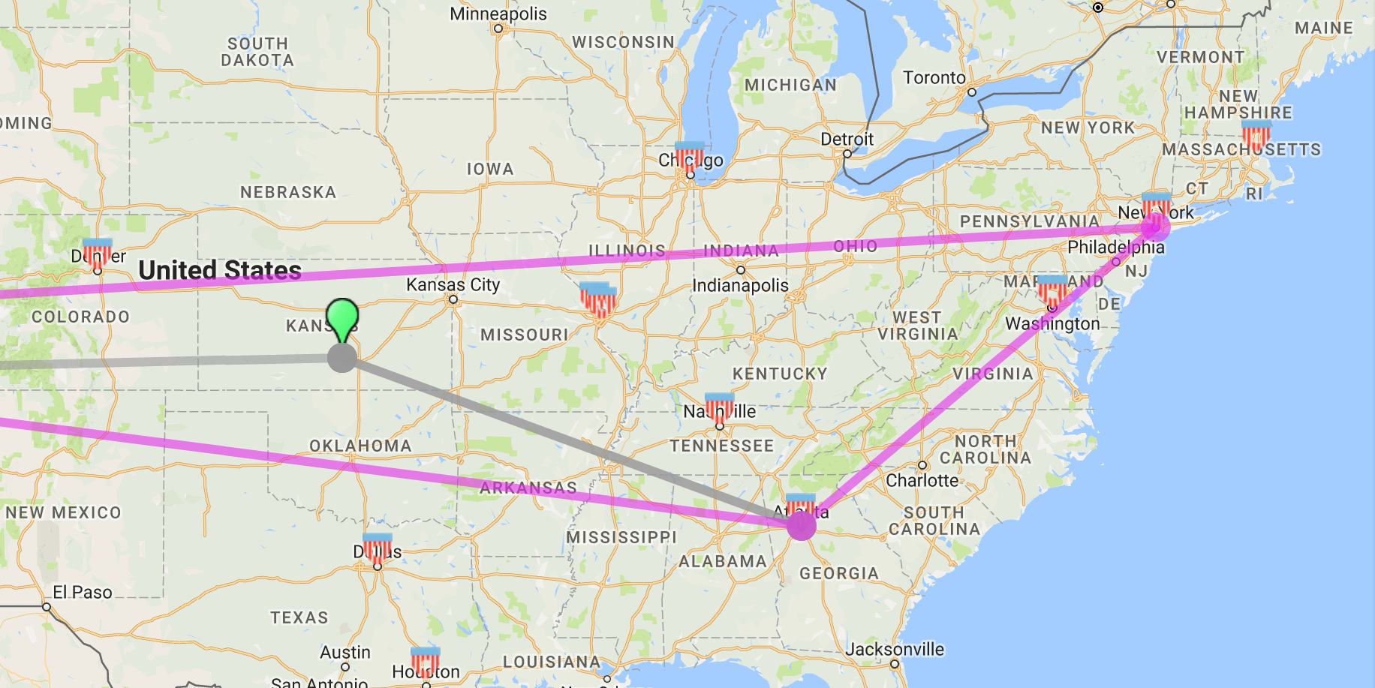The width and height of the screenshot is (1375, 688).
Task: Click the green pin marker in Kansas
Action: click(x=342, y=318)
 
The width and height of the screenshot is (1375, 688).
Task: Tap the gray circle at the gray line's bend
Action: click(x=342, y=358)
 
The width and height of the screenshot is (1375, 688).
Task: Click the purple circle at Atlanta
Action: click(x=801, y=525)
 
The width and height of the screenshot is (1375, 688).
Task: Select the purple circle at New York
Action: click(x=1155, y=226)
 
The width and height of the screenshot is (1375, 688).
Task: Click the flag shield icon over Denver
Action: click(x=97, y=253)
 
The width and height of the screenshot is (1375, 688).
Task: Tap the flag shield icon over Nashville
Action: click(x=719, y=407)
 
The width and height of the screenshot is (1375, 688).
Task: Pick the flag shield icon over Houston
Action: click(x=426, y=661)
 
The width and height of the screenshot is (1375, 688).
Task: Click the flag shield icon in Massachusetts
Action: click(x=1256, y=134)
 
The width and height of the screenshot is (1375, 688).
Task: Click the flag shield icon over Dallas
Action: click(x=377, y=548)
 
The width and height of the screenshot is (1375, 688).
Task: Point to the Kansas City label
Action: click(x=453, y=284)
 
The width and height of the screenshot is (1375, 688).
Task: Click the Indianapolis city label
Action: click(x=740, y=285)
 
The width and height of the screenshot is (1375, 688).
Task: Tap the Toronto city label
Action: click(x=934, y=77)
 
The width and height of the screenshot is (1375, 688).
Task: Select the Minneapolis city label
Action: click(x=498, y=14)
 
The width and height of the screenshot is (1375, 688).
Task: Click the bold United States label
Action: click(x=220, y=270)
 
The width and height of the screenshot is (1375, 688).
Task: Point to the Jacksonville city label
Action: click(x=895, y=649)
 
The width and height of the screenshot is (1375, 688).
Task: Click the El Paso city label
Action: click(x=83, y=592)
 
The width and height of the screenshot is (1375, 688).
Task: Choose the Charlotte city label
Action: click(x=922, y=480)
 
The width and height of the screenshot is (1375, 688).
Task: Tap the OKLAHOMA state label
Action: click(x=360, y=446)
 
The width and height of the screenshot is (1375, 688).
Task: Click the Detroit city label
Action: click(x=847, y=139)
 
